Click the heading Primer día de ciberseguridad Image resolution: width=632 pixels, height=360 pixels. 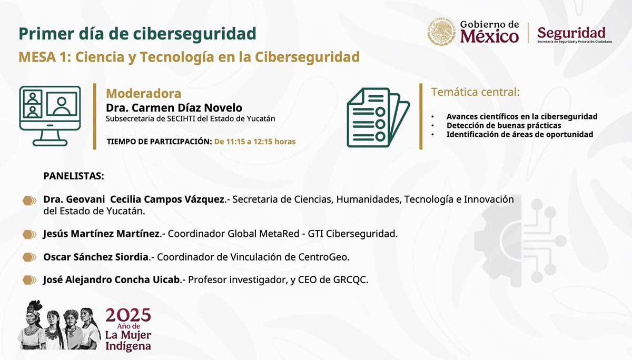click(x=137, y=34)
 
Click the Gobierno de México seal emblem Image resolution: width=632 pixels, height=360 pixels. click(x=441, y=32)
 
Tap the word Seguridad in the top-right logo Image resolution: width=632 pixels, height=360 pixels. click(x=571, y=33)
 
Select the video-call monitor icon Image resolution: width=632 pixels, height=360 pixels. click(x=50, y=115)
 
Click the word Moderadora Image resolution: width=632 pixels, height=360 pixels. click(x=143, y=94)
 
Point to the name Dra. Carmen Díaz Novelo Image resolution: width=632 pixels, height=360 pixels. click(x=174, y=108)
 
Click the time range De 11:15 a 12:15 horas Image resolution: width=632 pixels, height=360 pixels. click(x=254, y=142)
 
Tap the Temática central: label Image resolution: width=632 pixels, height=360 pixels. click(x=475, y=92)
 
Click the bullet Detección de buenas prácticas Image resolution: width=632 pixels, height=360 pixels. click(x=503, y=125)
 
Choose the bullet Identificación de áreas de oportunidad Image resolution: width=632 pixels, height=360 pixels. click(x=519, y=134)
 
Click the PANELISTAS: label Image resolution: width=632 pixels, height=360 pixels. click(x=73, y=176)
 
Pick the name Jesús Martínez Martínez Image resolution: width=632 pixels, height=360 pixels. click(x=101, y=233)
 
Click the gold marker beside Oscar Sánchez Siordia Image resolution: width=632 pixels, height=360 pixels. click(x=29, y=257)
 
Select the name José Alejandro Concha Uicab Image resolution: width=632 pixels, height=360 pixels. click(x=112, y=280)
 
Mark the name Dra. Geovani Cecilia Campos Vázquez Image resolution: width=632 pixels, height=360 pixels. click(x=134, y=200)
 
